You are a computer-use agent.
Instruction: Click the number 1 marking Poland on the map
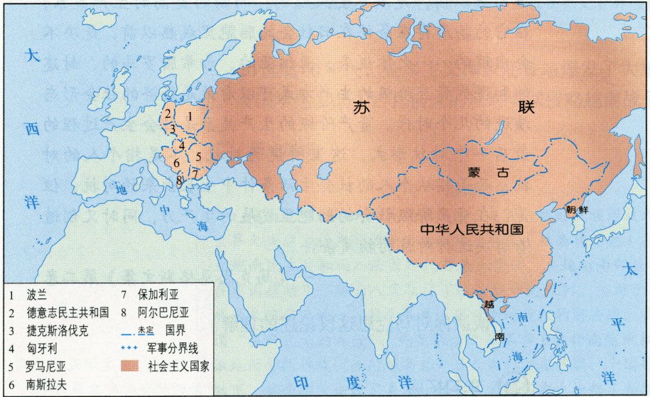pyautogui.click(x=190, y=116)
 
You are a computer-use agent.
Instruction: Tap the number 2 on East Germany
pyautogui.click(x=168, y=114)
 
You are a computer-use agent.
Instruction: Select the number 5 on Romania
pyautogui.click(x=198, y=156)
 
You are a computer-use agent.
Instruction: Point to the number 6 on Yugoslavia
pyautogui.click(x=176, y=163)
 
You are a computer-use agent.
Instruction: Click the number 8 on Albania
pyautogui.click(x=179, y=179)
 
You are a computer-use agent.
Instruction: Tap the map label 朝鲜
pyautogui.click(x=577, y=210)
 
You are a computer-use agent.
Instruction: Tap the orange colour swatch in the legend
pyautogui.click(x=132, y=366)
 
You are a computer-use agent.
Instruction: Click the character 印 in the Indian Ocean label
pyautogui.click(x=299, y=381)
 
